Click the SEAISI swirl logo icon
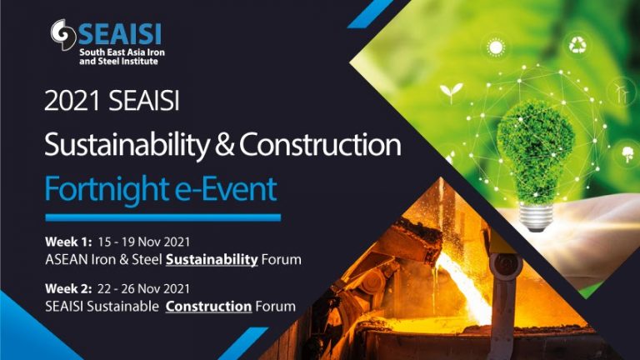coord(63,34)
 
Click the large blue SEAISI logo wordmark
coord(120,33)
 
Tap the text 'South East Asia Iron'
coord(122,52)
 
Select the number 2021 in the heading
coord(72,100)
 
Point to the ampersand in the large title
coord(224,145)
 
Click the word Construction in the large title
coord(320,145)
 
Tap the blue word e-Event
coord(226,188)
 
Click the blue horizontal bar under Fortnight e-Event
coord(162,217)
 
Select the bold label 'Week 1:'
coord(68,242)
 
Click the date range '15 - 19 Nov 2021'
coord(143,242)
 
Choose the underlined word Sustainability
coord(212,260)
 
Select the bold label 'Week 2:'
coord(68,288)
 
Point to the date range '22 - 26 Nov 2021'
coord(143,288)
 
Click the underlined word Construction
coord(208,307)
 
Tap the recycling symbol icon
coord(578,45)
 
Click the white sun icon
coord(496,47)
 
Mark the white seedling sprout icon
coord(452,92)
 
